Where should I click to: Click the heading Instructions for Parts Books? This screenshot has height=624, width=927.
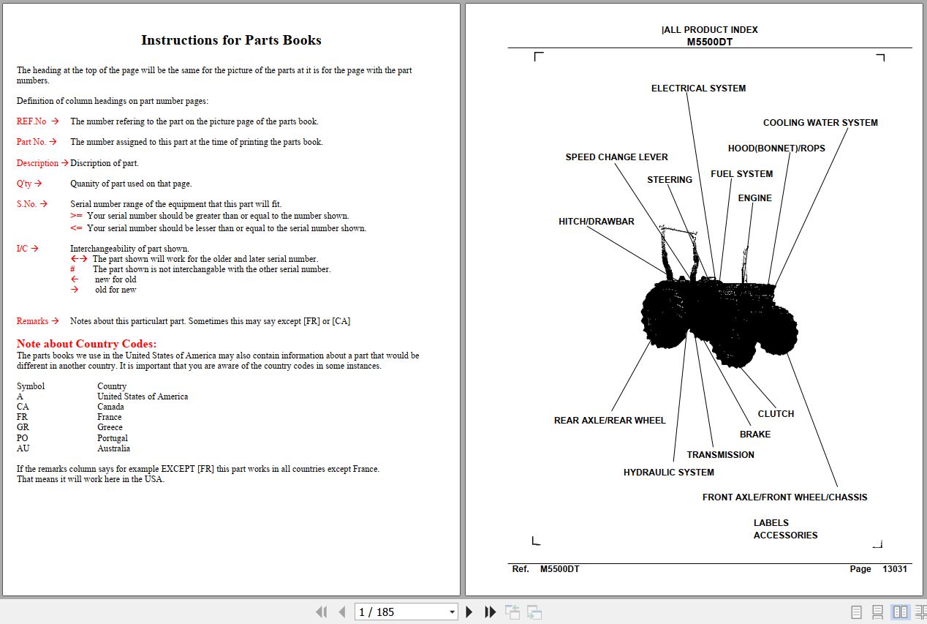[231, 40]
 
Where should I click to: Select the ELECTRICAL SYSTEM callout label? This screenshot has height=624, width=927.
[698, 89]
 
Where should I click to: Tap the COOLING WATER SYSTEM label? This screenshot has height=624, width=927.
[820, 123]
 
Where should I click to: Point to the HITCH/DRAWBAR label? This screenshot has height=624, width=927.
[596, 222]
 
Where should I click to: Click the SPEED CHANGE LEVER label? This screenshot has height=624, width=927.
[616, 157]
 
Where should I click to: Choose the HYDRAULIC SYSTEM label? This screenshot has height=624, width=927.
[668, 473]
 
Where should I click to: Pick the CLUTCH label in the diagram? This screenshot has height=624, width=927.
[775, 414]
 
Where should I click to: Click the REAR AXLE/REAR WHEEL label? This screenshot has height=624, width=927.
[610, 421]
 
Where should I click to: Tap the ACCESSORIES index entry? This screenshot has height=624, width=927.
[785, 535]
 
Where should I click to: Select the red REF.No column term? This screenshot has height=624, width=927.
[31, 121]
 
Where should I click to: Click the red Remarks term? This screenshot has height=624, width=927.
[32, 321]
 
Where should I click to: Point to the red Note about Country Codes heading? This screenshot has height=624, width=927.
[86, 344]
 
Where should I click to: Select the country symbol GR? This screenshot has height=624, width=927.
[23, 427]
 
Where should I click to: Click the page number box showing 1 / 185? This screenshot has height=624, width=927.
[406, 612]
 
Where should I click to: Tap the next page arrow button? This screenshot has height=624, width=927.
[469, 612]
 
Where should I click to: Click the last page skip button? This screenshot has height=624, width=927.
[491, 612]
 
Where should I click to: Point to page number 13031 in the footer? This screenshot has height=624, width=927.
[894, 569]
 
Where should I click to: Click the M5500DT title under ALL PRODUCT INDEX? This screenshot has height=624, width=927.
[709, 42]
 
